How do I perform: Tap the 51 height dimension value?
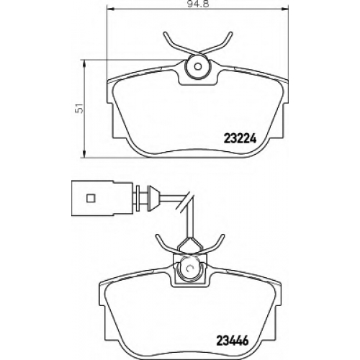pyautogui.click(x=79, y=109)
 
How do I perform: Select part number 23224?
pyautogui.click(x=240, y=138)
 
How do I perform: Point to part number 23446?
pyautogui.click(x=232, y=340)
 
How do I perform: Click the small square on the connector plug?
pyautogui.click(x=91, y=198)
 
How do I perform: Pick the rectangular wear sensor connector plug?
pyautogui.click(x=102, y=198)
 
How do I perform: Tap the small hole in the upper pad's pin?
pyautogui.click(x=197, y=66)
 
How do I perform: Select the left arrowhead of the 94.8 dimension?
pyautogui.click(x=109, y=9)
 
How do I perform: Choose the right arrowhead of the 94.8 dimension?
pyautogui.click(x=285, y=9)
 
